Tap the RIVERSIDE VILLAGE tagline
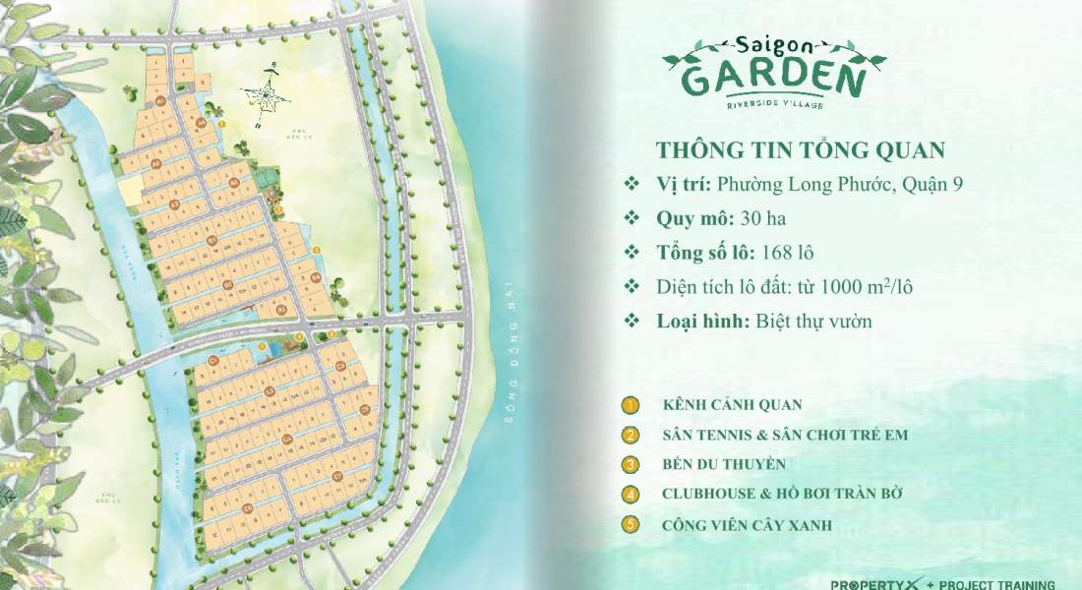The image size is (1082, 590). [x=774, y=104]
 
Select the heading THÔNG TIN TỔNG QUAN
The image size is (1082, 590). [x=800, y=149]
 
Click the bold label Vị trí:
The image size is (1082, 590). [x=684, y=184]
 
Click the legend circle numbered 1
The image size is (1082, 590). [x=630, y=404]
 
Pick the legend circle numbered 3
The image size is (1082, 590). [x=630, y=464]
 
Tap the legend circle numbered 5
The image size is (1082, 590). [x=630, y=524]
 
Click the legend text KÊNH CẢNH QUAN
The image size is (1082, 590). [x=733, y=404]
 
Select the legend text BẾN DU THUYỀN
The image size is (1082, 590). [x=724, y=465]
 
